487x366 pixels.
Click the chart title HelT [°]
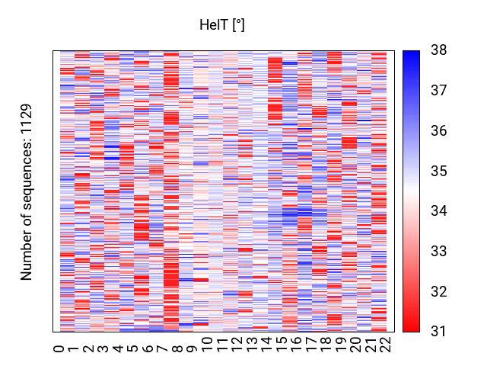point(221,25)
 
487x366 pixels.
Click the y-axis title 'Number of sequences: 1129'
point(27,191)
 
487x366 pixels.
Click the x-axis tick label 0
point(59,348)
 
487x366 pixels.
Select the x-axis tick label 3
point(103,348)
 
